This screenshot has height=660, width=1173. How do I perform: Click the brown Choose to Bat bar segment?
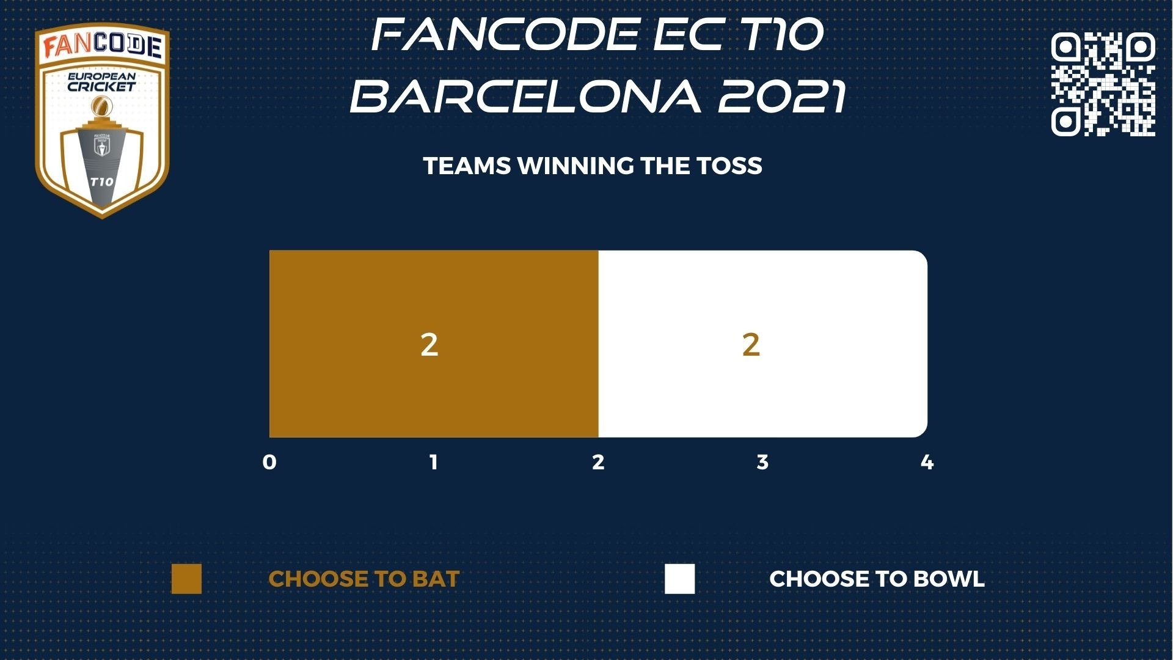click(434, 343)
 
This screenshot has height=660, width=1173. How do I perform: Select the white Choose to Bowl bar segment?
click(763, 343)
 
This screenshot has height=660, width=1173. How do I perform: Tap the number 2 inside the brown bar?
click(429, 345)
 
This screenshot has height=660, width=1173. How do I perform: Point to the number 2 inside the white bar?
click(751, 345)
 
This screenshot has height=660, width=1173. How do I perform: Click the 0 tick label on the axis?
click(269, 462)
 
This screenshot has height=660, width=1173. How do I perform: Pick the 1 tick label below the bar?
click(434, 462)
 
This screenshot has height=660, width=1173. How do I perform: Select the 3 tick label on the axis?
click(762, 462)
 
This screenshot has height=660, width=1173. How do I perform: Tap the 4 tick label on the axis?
click(927, 462)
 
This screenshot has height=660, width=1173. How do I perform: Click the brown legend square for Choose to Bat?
click(186, 579)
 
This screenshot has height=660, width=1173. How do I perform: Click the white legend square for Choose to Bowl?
click(680, 579)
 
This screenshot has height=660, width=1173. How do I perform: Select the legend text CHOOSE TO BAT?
click(364, 579)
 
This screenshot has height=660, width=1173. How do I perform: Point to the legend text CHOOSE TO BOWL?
click(877, 579)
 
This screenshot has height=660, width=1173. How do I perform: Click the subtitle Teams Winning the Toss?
click(593, 166)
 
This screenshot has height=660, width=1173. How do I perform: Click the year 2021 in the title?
click(782, 96)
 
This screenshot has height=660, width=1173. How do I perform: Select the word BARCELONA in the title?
click(525, 96)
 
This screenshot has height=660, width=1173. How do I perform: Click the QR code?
click(1103, 84)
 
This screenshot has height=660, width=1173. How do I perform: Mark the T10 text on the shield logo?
click(101, 182)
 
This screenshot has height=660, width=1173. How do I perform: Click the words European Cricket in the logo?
click(101, 82)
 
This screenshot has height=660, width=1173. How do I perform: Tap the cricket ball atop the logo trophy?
click(101, 108)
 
